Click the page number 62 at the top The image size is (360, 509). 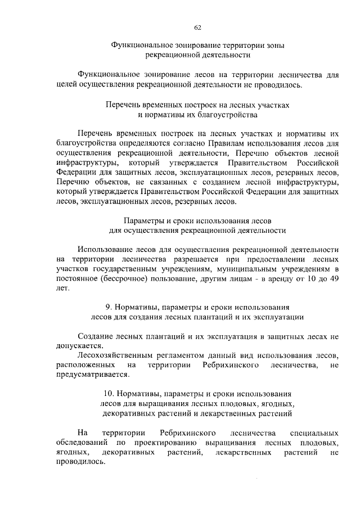tap(197, 28)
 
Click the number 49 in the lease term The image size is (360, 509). tap(334, 279)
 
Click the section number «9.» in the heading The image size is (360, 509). tap(110, 307)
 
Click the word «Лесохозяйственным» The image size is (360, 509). tap(116, 355)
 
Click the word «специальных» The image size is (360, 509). tap(313, 433)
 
